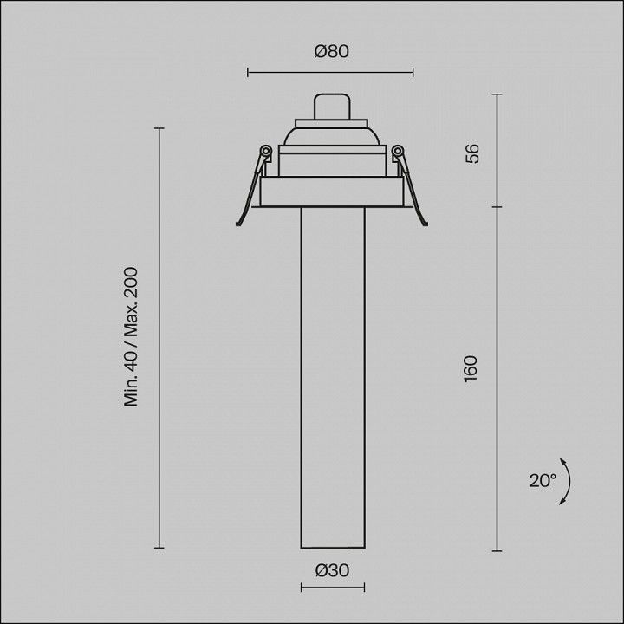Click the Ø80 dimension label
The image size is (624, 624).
pos(331,51)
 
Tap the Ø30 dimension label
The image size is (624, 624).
pos(332,570)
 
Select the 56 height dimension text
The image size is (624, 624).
pos(472,153)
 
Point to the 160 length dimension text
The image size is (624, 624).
pos(471,368)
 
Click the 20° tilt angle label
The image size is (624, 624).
pos(542,481)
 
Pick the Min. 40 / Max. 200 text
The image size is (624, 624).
pos(131,336)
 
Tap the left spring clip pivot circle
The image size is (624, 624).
pos(265,151)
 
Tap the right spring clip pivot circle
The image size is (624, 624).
pos(398,151)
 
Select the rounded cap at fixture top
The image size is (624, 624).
pos(332,107)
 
